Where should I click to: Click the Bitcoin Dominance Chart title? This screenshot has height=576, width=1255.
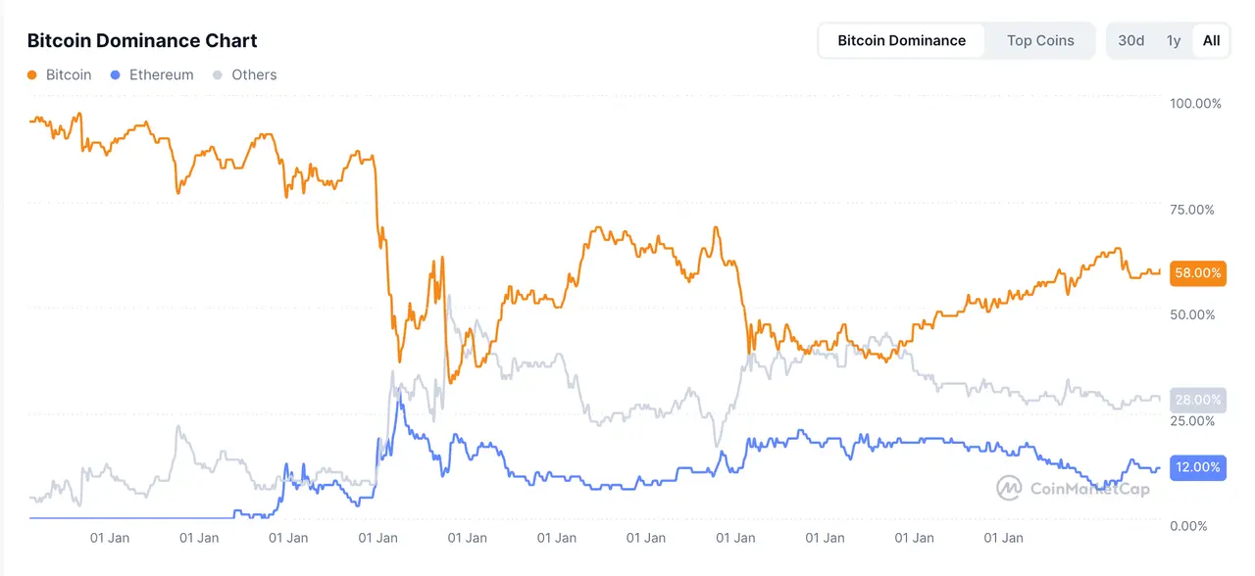click(x=142, y=41)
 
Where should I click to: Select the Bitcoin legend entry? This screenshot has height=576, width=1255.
click(x=69, y=74)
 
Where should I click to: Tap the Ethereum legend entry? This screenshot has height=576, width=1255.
click(x=161, y=74)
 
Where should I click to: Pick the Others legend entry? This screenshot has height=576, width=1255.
click(x=254, y=74)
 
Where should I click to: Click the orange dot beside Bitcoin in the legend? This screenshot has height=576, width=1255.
click(x=32, y=74)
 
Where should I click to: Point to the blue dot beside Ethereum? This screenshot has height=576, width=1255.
click(x=116, y=74)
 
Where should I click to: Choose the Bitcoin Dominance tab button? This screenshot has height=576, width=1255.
click(x=901, y=41)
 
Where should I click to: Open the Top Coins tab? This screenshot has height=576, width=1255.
click(x=1040, y=41)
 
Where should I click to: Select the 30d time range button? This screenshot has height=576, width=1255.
click(x=1130, y=41)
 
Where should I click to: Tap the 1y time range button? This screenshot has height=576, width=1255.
click(x=1174, y=41)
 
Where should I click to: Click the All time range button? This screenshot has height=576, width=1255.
click(x=1212, y=41)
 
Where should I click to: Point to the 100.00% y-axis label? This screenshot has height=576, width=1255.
click(x=1196, y=104)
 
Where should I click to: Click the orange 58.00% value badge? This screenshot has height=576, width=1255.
click(x=1198, y=273)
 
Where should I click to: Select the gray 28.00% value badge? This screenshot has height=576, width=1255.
click(x=1198, y=400)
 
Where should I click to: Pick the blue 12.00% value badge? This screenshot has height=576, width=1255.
click(x=1198, y=467)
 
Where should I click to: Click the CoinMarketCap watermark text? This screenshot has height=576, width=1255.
click(x=1089, y=489)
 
